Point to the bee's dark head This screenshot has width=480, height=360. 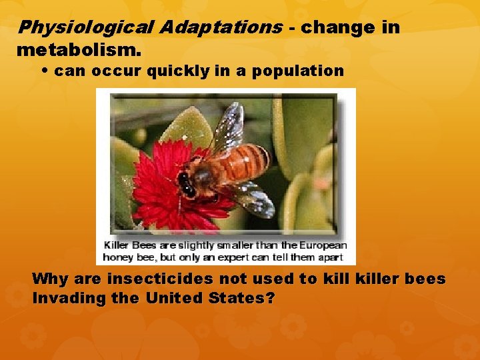pos(186,183)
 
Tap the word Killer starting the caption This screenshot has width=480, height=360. pos(116,245)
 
